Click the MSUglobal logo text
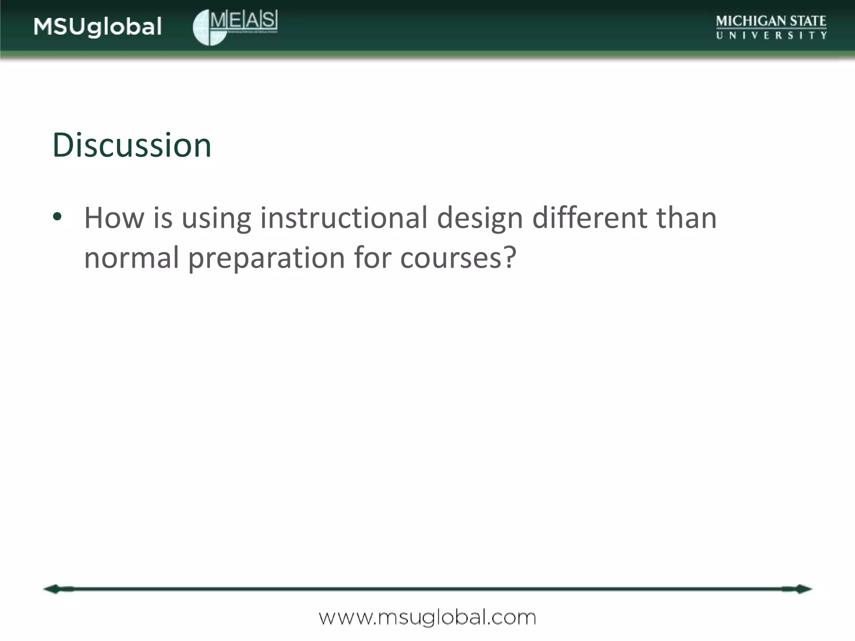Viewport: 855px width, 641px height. pos(97,27)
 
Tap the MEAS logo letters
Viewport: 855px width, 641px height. pos(243,20)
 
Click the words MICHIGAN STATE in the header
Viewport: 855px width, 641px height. pos(771,21)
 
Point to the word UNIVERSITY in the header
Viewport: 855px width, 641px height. pos(771,36)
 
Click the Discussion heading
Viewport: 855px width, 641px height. pos(132,145)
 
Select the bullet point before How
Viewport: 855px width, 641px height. pos(57,217)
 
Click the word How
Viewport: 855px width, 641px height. pos(114,218)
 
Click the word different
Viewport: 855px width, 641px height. pos(589,218)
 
